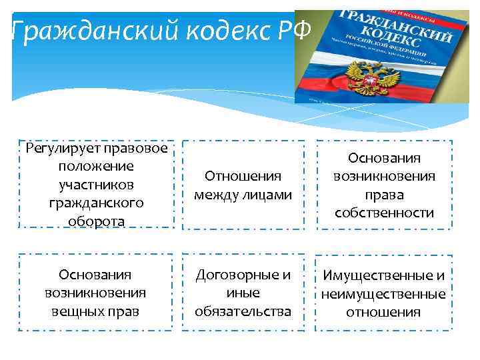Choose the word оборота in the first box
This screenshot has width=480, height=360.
point(96,221)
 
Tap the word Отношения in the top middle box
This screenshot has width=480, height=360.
point(243,177)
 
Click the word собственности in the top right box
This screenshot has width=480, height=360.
point(383,213)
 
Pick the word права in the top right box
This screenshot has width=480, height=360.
point(383,195)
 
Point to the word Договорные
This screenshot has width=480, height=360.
point(243,275)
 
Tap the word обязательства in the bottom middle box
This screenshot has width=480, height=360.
point(243,311)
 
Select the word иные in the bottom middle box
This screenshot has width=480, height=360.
point(243,293)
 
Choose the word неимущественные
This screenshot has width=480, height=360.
point(383,294)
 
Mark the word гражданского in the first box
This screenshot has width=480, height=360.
point(96,202)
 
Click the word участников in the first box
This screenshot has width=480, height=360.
point(96,184)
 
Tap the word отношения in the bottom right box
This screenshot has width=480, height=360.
point(383,312)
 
